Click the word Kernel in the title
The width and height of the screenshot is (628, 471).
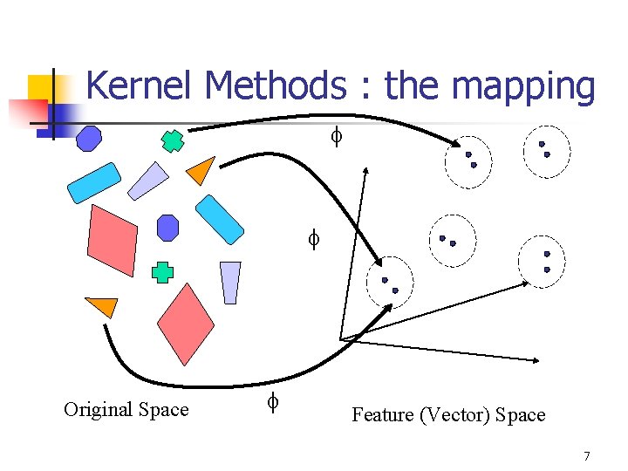pos(141,86)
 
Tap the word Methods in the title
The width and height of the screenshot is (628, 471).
pos(273,86)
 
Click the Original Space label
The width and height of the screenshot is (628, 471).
pos(126,409)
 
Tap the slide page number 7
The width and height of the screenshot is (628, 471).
pos(586,456)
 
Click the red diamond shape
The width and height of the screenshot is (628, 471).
pos(188,323)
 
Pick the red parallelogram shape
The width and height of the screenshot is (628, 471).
pos(113,240)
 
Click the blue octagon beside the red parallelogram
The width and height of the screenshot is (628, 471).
pos(167,228)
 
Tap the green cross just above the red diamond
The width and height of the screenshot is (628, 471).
pos(162,272)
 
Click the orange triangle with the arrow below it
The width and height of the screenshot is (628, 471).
pos(102,306)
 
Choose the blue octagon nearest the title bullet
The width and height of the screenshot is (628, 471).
pos(89,138)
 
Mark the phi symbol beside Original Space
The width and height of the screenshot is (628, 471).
pos(272,402)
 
